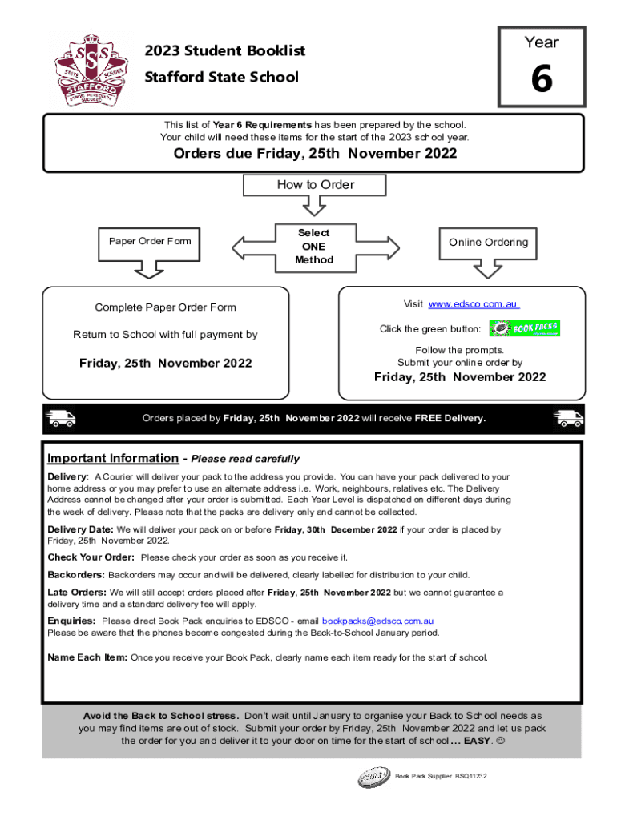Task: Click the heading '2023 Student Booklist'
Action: (x=225, y=51)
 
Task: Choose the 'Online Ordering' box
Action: (x=488, y=243)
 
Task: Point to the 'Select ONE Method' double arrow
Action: (x=313, y=246)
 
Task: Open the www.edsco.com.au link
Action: (x=474, y=304)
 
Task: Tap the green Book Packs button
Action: (x=524, y=328)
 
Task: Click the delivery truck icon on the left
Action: (x=60, y=418)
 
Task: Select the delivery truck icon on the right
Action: (x=568, y=418)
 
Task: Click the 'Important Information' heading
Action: (x=113, y=459)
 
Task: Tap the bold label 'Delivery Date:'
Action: (x=81, y=529)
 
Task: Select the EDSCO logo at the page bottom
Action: (x=373, y=777)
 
